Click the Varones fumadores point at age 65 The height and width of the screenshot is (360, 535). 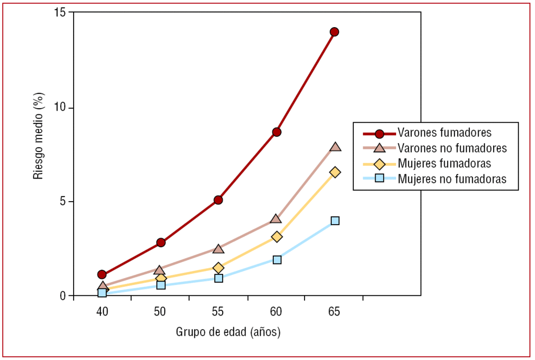[x=334, y=32]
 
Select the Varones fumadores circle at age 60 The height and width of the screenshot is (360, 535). [x=276, y=132]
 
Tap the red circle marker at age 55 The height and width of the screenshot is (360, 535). [x=218, y=200]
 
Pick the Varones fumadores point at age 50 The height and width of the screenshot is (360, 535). [x=160, y=242]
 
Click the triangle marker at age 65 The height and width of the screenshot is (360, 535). [x=335, y=147]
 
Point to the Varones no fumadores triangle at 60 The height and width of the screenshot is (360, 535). [x=276, y=218]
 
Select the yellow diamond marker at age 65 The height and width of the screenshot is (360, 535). [x=335, y=172]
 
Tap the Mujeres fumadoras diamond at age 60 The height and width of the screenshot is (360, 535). [x=276, y=237]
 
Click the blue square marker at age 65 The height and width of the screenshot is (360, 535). [x=335, y=220]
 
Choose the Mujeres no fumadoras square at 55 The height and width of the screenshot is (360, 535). [x=218, y=278]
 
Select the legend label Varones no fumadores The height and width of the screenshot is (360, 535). [x=452, y=148]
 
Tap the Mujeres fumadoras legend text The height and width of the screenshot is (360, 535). [x=444, y=163]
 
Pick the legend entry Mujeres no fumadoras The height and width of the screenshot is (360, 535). [x=452, y=179]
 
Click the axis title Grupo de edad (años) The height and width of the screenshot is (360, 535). [x=228, y=332]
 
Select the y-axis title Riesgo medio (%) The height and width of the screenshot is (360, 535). [x=38, y=136]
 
